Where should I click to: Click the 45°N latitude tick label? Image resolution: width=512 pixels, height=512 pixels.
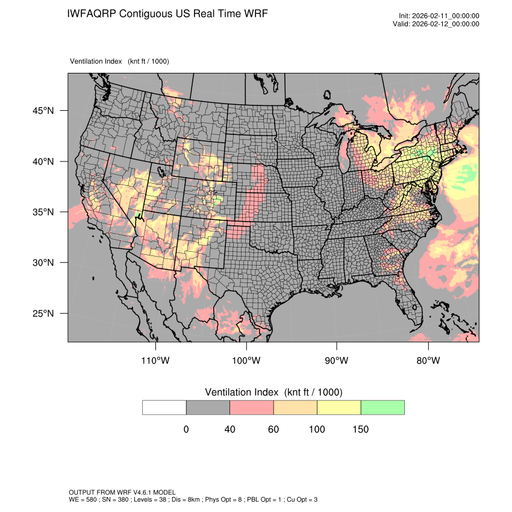click(40, 111)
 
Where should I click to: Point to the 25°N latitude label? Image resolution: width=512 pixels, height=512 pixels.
click(40, 314)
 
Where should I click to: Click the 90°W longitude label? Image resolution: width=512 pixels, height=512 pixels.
click(337, 361)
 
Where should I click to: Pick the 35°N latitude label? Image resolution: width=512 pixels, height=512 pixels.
click(40, 212)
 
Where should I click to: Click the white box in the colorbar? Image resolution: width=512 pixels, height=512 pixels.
click(164, 407)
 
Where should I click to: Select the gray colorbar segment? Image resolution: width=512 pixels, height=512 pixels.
click(208, 407)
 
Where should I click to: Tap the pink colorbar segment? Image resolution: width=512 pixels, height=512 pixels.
click(251, 407)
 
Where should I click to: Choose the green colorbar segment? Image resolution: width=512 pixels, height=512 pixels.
click(382, 407)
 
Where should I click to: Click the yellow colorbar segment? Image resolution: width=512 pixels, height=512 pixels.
click(339, 407)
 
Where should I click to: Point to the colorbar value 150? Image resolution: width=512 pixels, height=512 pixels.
click(360, 429)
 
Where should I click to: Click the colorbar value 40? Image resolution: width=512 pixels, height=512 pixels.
click(229, 429)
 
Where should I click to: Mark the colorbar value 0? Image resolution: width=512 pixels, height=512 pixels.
click(186, 429)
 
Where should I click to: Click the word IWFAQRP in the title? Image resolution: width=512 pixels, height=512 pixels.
click(92, 13)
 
